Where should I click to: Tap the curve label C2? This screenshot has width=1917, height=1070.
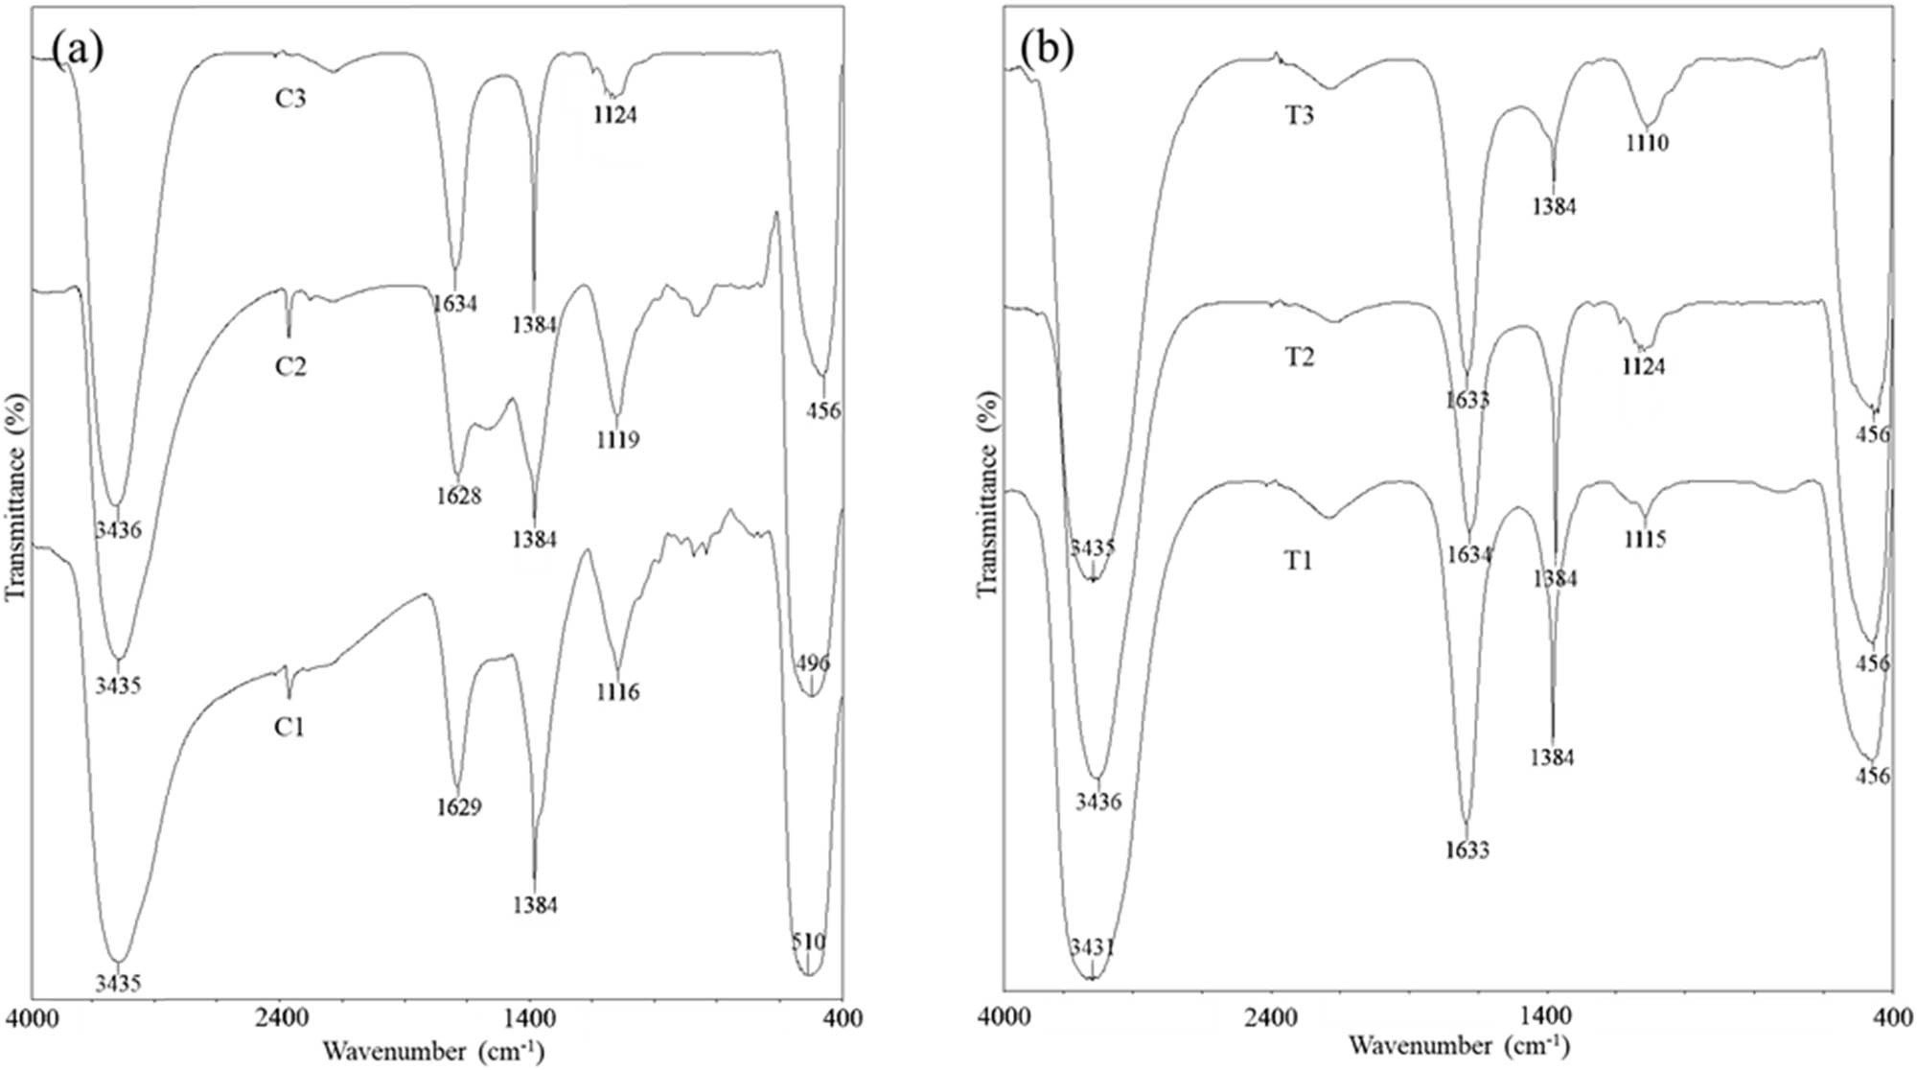coord(289,367)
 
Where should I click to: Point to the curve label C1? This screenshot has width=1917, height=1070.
coord(289,728)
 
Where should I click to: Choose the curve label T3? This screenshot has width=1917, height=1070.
coord(1299,116)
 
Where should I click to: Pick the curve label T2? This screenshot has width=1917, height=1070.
coord(1299,358)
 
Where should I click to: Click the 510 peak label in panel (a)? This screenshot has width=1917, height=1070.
coord(808,942)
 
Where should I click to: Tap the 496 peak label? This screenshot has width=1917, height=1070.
coord(813,663)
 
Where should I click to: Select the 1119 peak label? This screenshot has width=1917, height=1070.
coord(617,440)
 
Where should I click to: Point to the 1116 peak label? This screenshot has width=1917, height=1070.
coord(617,692)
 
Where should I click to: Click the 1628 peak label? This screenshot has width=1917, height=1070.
coord(458,497)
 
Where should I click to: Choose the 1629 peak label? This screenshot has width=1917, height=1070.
coord(458,807)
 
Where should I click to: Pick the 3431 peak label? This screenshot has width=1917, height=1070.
coord(1092,948)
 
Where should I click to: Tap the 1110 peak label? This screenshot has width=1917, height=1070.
coord(1647,144)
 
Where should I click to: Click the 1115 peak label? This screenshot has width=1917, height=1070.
coord(1645,540)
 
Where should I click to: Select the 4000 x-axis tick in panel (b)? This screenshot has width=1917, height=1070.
coord(1005,1016)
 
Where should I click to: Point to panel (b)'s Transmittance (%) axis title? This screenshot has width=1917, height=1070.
coord(987,493)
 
